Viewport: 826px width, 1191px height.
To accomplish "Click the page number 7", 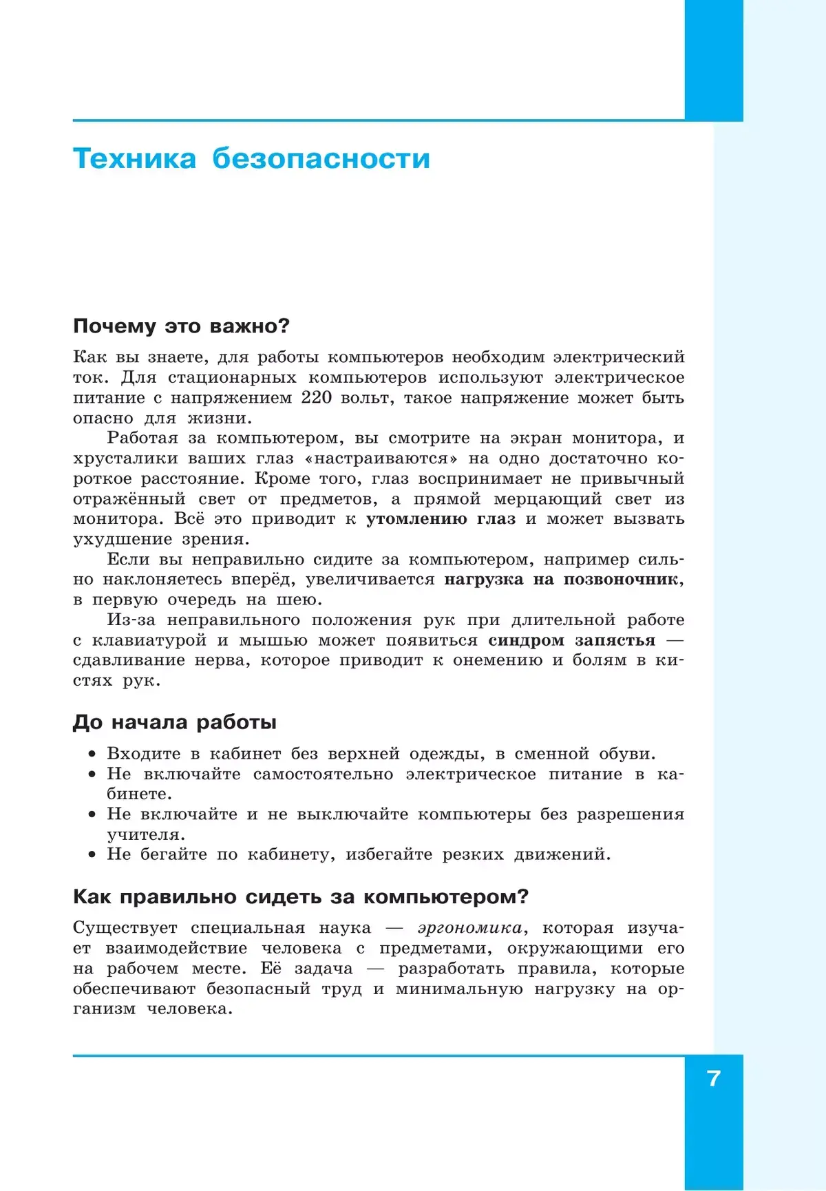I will (714, 1078).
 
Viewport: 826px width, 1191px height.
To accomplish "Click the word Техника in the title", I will (135, 159).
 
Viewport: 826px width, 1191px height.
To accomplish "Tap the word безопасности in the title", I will (321, 159).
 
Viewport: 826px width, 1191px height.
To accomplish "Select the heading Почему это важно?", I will (182, 326).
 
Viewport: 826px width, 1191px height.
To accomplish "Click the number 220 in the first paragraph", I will (317, 397).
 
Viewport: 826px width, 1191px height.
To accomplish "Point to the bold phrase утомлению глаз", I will (441, 519).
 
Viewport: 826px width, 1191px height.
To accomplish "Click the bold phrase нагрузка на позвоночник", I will (561, 580).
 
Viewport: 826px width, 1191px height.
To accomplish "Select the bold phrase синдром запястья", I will (572, 640).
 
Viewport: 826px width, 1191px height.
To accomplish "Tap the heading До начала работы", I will (175, 722).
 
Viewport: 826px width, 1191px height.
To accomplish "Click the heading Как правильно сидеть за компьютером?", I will (301, 897).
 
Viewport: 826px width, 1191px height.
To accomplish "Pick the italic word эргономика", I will (469, 928).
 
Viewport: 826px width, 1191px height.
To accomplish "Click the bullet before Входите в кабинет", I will (92, 755).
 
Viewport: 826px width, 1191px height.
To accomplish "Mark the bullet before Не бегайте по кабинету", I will (92, 855).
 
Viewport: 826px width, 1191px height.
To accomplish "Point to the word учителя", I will (145, 835).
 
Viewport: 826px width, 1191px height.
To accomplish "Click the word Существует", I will (125, 928).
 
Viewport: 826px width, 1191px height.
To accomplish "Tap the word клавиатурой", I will (149, 640).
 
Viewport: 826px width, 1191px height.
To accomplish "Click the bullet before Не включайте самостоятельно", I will (92, 774).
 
